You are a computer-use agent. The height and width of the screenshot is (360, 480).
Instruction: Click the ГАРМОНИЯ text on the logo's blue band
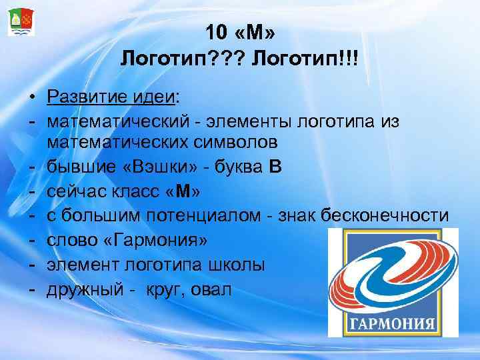[x=393, y=326]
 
